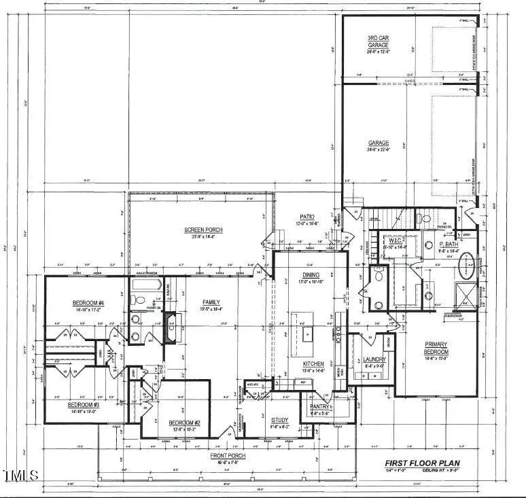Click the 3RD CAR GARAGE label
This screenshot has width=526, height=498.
pyautogui.click(x=379, y=41)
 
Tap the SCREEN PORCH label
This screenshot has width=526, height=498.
pyautogui.click(x=203, y=230)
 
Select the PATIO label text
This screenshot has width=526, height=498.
pyautogui.click(x=307, y=217)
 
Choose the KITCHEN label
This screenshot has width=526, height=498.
pyautogui.click(x=313, y=364)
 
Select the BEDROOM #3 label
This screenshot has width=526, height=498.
pyautogui.click(x=84, y=405)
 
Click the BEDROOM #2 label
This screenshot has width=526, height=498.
pyautogui.click(x=183, y=423)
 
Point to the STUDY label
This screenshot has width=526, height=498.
pyautogui.click(x=280, y=420)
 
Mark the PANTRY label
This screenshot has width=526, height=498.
pyautogui.click(x=319, y=407)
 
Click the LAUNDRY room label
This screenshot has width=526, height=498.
pyautogui.click(x=374, y=359)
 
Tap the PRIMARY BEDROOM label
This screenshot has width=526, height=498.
pyautogui.click(x=437, y=348)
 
